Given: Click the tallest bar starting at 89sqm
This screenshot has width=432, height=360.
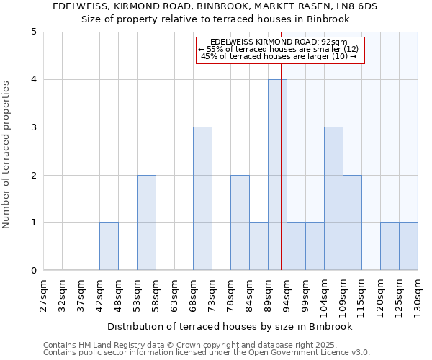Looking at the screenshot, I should click(277, 175).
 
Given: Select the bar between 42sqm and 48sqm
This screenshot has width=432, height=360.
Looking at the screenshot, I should click(109, 246).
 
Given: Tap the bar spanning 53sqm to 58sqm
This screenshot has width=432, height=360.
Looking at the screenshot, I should click(146, 222).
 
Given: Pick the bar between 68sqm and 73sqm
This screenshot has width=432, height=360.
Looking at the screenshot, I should click(202, 199).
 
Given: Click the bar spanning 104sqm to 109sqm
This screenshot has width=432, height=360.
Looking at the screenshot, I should click(333, 199).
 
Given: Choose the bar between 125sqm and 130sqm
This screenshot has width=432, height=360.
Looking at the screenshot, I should click(408, 246).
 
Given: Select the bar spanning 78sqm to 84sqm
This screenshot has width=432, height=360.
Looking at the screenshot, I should click(240, 222).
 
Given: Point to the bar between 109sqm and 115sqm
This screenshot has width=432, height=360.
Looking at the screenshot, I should click(352, 222).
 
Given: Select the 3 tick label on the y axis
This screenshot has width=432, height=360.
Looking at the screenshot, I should click(34, 127).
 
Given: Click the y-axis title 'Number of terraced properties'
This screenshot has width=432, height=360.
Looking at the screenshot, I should click(7, 155).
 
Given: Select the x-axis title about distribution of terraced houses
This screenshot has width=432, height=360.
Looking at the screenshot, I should click(230, 326).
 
